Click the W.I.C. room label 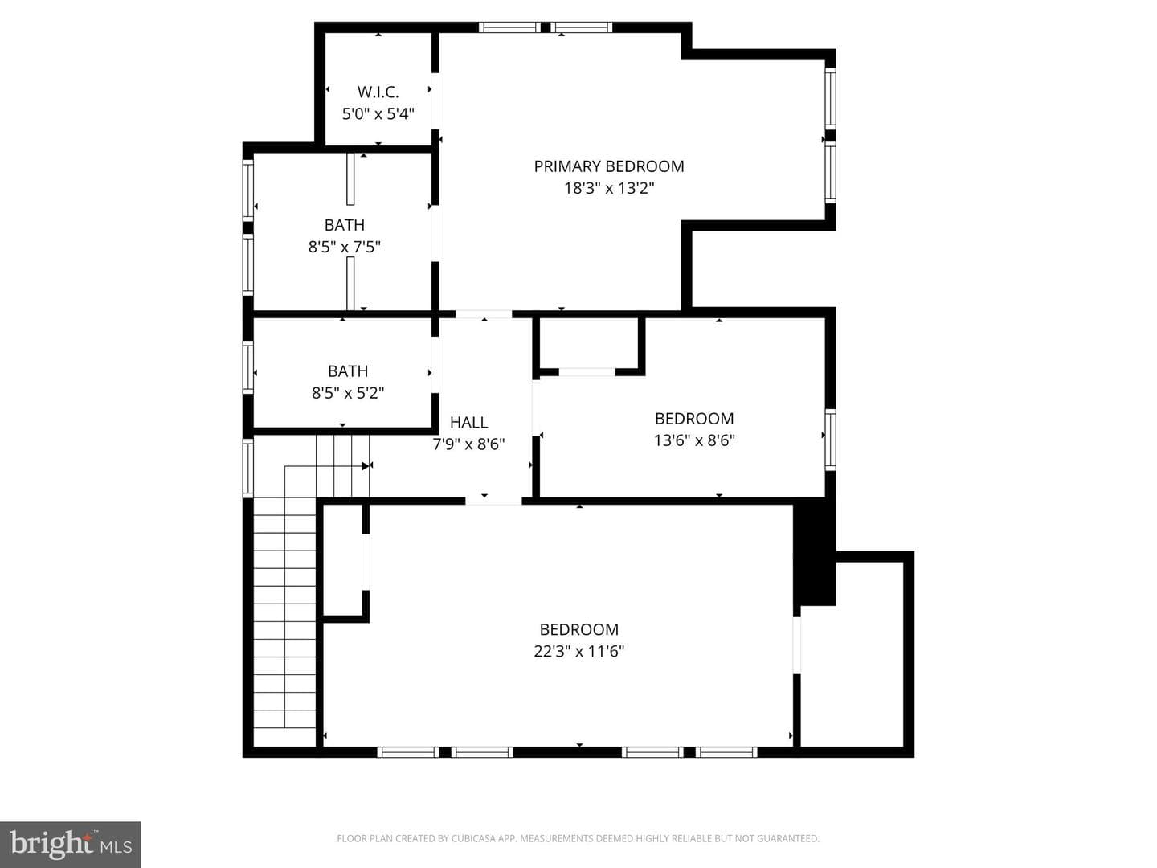(x=378, y=92)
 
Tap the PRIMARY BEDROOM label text (x=609, y=166)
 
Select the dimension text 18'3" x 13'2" (x=609, y=188)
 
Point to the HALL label (x=468, y=423)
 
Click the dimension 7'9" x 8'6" (x=468, y=444)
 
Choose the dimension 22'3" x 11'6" (x=578, y=651)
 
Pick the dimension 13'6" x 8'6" (x=694, y=440)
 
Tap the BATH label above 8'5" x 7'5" (x=344, y=225)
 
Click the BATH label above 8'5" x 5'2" (x=348, y=371)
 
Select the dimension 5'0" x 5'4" (x=378, y=114)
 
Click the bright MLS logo (x=71, y=844)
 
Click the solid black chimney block (x=815, y=552)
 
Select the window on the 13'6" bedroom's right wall (x=830, y=440)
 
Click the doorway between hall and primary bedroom (x=484, y=314)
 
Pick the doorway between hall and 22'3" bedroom (x=493, y=501)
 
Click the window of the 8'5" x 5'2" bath (x=247, y=367)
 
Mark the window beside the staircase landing (x=247, y=468)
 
